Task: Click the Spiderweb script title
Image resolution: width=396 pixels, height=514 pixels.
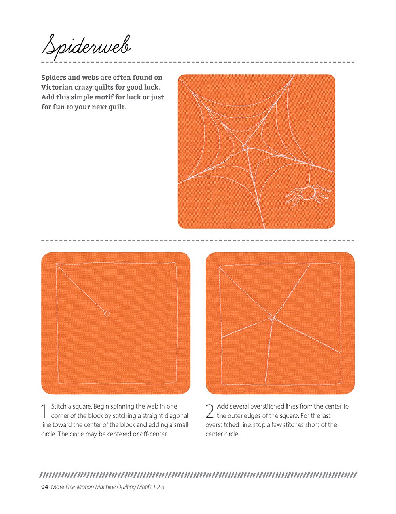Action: tap(86, 47)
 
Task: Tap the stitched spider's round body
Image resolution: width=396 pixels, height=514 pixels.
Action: tap(308, 193)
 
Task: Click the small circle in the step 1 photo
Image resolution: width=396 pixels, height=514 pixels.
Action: tap(107, 313)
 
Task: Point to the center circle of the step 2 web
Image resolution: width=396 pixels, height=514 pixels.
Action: tap(272, 317)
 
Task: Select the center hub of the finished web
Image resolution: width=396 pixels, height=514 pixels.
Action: tap(245, 147)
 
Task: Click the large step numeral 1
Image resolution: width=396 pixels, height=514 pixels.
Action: tap(44, 412)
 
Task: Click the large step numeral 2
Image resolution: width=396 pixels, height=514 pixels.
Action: tap(209, 411)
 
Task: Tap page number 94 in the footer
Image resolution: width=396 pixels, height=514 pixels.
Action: tap(44, 487)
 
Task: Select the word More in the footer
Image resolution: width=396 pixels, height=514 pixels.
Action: tap(58, 487)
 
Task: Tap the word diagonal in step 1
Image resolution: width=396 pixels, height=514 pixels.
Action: tap(176, 416)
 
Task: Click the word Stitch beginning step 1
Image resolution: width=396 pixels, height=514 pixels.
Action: tap(59, 406)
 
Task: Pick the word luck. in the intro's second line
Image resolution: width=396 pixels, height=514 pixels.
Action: tap(152, 87)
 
